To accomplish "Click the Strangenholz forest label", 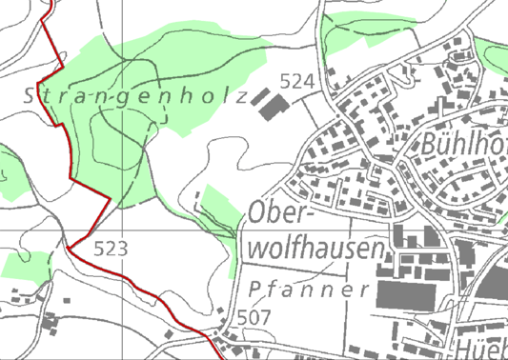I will pyautogui.click(x=132, y=96).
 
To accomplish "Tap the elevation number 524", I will pyautogui.click(x=297, y=83).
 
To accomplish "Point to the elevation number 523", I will pyautogui.click(x=112, y=249).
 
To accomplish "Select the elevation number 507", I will pyautogui.click(x=254, y=315).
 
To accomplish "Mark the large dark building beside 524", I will pyautogui.click(x=274, y=105).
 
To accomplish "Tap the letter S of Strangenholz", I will pyautogui.click(x=28, y=96).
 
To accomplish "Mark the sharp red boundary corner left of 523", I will pyautogui.click(x=69, y=247).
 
